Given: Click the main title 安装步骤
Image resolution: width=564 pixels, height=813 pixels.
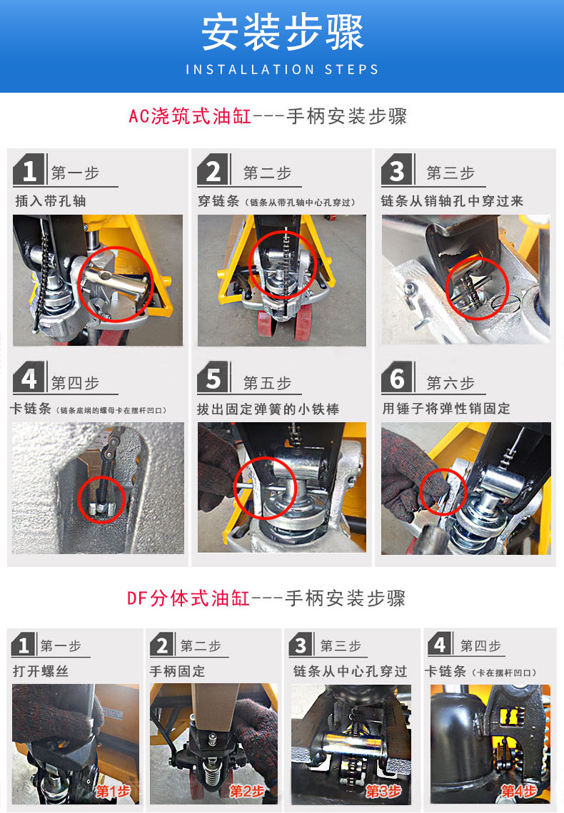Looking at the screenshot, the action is [282, 32].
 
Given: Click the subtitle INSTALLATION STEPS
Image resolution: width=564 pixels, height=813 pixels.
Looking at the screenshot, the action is [282, 69].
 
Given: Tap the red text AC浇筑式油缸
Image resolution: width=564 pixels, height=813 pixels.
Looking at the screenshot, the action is [190, 116].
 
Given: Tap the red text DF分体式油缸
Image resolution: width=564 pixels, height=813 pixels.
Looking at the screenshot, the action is [189, 598].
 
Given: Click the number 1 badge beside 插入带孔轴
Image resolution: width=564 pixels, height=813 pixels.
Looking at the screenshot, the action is [29, 170].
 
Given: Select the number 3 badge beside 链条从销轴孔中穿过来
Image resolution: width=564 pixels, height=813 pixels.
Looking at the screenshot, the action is [397, 170].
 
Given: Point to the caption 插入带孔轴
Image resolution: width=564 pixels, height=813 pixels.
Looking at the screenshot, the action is [51, 201].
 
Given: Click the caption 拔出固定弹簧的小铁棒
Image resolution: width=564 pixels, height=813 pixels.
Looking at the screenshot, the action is [268, 409].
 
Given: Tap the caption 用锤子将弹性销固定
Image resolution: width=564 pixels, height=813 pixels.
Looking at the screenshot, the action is [446, 409].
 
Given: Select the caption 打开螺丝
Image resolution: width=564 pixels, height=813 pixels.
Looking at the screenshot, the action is [41, 672].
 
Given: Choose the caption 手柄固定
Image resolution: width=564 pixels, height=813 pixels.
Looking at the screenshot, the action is [178, 672].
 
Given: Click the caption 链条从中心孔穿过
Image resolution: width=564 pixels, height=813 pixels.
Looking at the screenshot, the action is [351, 672].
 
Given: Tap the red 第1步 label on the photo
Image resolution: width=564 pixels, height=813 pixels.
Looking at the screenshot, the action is [113, 791].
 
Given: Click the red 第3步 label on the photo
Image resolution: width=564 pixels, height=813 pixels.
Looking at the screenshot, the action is [383, 791].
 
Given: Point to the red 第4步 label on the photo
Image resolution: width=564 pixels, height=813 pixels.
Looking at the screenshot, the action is [519, 791].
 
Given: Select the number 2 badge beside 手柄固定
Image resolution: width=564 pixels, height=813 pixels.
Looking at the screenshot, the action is [162, 645].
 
